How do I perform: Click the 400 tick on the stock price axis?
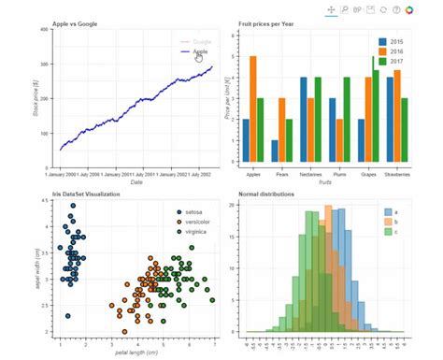click(44, 30)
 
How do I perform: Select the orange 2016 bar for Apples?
click(253, 108)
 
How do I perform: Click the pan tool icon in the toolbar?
click(331, 9)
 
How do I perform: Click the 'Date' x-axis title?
click(136, 182)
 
